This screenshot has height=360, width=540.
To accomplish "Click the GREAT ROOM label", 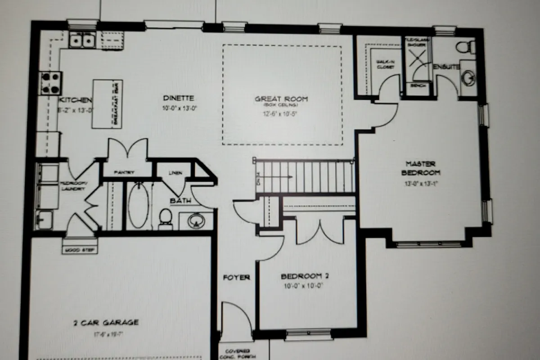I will click(281, 99).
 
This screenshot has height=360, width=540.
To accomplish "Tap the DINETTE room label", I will click(179, 98).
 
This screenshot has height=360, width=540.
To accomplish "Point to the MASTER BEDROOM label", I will click(421, 168).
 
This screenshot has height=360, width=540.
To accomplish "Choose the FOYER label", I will click(236, 277).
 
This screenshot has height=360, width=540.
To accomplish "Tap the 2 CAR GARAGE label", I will click(106, 322).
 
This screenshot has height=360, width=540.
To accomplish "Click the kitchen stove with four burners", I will click(51, 83).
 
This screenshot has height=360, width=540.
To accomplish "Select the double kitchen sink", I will click(82, 40).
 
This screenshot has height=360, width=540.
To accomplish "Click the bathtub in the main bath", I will click(138, 205).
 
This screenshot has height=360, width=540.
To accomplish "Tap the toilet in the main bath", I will click(166, 218).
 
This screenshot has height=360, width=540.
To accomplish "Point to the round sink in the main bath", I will click(196, 220).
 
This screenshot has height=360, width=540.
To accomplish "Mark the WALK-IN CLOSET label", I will click(386, 65).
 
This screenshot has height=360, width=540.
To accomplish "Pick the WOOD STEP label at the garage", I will click(79, 250).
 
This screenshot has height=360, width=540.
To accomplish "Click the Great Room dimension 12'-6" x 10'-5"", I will click(281, 114).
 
